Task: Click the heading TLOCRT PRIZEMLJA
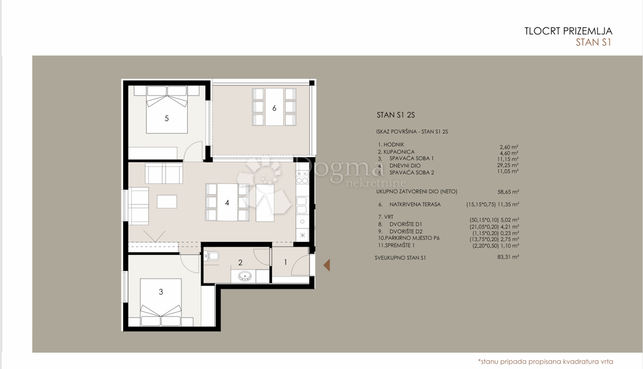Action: pyautogui.click(x=567, y=31)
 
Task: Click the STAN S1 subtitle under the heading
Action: pyautogui.click(x=593, y=43)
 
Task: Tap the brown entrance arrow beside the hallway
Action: pyautogui.click(x=326, y=264)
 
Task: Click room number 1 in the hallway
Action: pyautogui.click(x=285, y=262)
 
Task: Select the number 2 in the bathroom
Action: pyautogui.click(x=241, y=263)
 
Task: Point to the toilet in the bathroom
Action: pyautogui.click(x=213, y=256)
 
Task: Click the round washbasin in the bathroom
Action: pyautogui.click(x=245, y=277)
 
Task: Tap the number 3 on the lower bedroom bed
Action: pyautogui.click(x=161, y=292)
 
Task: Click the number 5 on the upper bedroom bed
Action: pyautogui.click(x=167, y=119)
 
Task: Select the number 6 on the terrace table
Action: pyautogui.click(x=274, y=108)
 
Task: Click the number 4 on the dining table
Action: pyautogui.click(x=227, y=203)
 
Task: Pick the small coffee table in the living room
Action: pyautogui.click(x=167, y=201)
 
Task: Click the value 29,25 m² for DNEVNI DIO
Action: pyautogui.click(x=509, y=165)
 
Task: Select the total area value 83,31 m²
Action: pyautogui.click(x=509, y=257)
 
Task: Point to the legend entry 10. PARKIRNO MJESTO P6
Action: pyautogui.click(x=405, y=239)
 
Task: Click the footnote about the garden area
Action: pyautogui.click(x=545, y=361)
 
